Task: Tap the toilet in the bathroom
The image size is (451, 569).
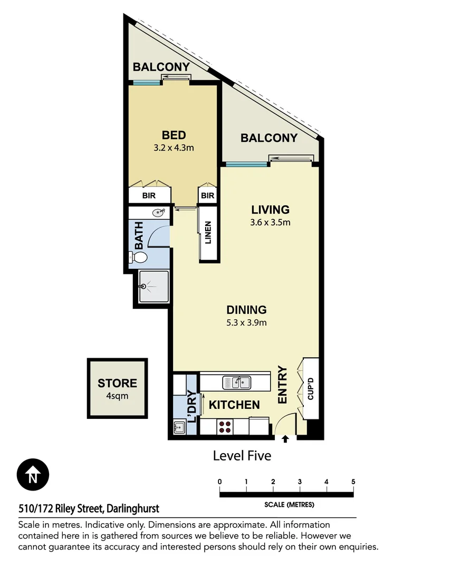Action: pos(138,258)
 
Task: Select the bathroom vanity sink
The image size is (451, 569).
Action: pos(157,213)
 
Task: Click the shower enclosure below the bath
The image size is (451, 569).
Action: pos(153,287)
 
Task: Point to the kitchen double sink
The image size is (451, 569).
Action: pos(236,382)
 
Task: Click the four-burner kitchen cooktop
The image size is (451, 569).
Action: pos(224,426)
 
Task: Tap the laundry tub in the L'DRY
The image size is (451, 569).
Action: pos(179,427)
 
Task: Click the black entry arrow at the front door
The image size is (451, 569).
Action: pos(285,439)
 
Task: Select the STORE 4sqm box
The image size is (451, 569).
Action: pos(117,388)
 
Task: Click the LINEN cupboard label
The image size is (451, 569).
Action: pos(208,233)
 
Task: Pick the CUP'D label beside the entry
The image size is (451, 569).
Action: pos(310,389)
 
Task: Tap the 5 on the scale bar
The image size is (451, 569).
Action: pos(353,482)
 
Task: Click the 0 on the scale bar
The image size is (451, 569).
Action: pos(219,482)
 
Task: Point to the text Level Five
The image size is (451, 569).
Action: pos(242,455)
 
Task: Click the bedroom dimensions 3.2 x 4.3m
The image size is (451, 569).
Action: pos(174,148)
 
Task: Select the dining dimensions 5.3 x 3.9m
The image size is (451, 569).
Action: pos(246,322)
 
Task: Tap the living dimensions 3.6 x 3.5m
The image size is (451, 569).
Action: pos(270,222)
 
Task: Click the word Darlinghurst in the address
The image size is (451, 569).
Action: pos(132,509)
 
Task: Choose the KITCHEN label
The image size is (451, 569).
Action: pos(234,405)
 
